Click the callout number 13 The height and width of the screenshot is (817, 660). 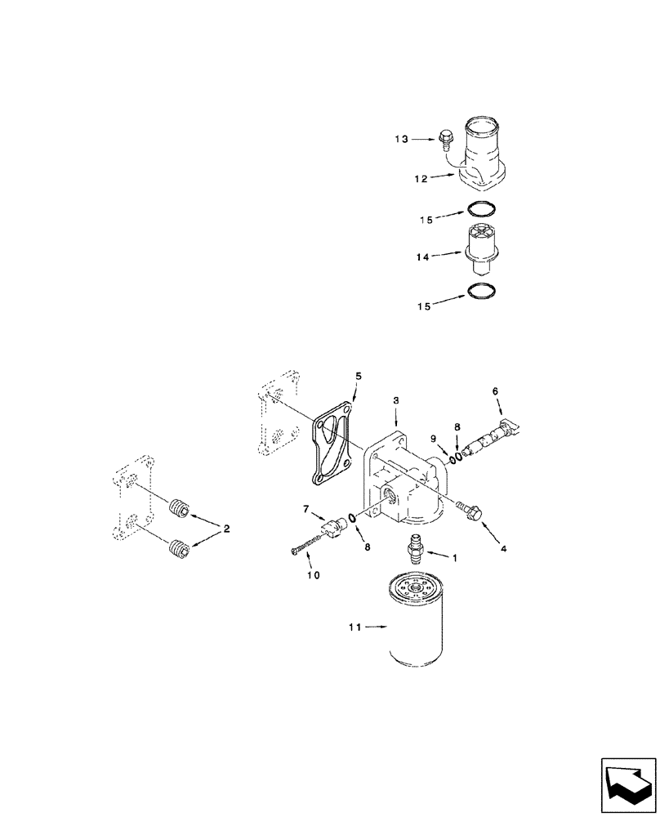[x=402, y=140]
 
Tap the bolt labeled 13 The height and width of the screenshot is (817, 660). [x=446, y=140]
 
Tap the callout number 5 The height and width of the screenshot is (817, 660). [x=357, y=377]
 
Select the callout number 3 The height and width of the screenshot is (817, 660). [x=396, y=400]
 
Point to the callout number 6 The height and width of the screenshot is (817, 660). [x=494, y=391]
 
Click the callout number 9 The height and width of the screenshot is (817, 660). [x=434, y=438]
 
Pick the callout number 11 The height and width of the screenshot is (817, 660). [x=353, y=627]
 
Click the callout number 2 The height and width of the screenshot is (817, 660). [x=226, y=529]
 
